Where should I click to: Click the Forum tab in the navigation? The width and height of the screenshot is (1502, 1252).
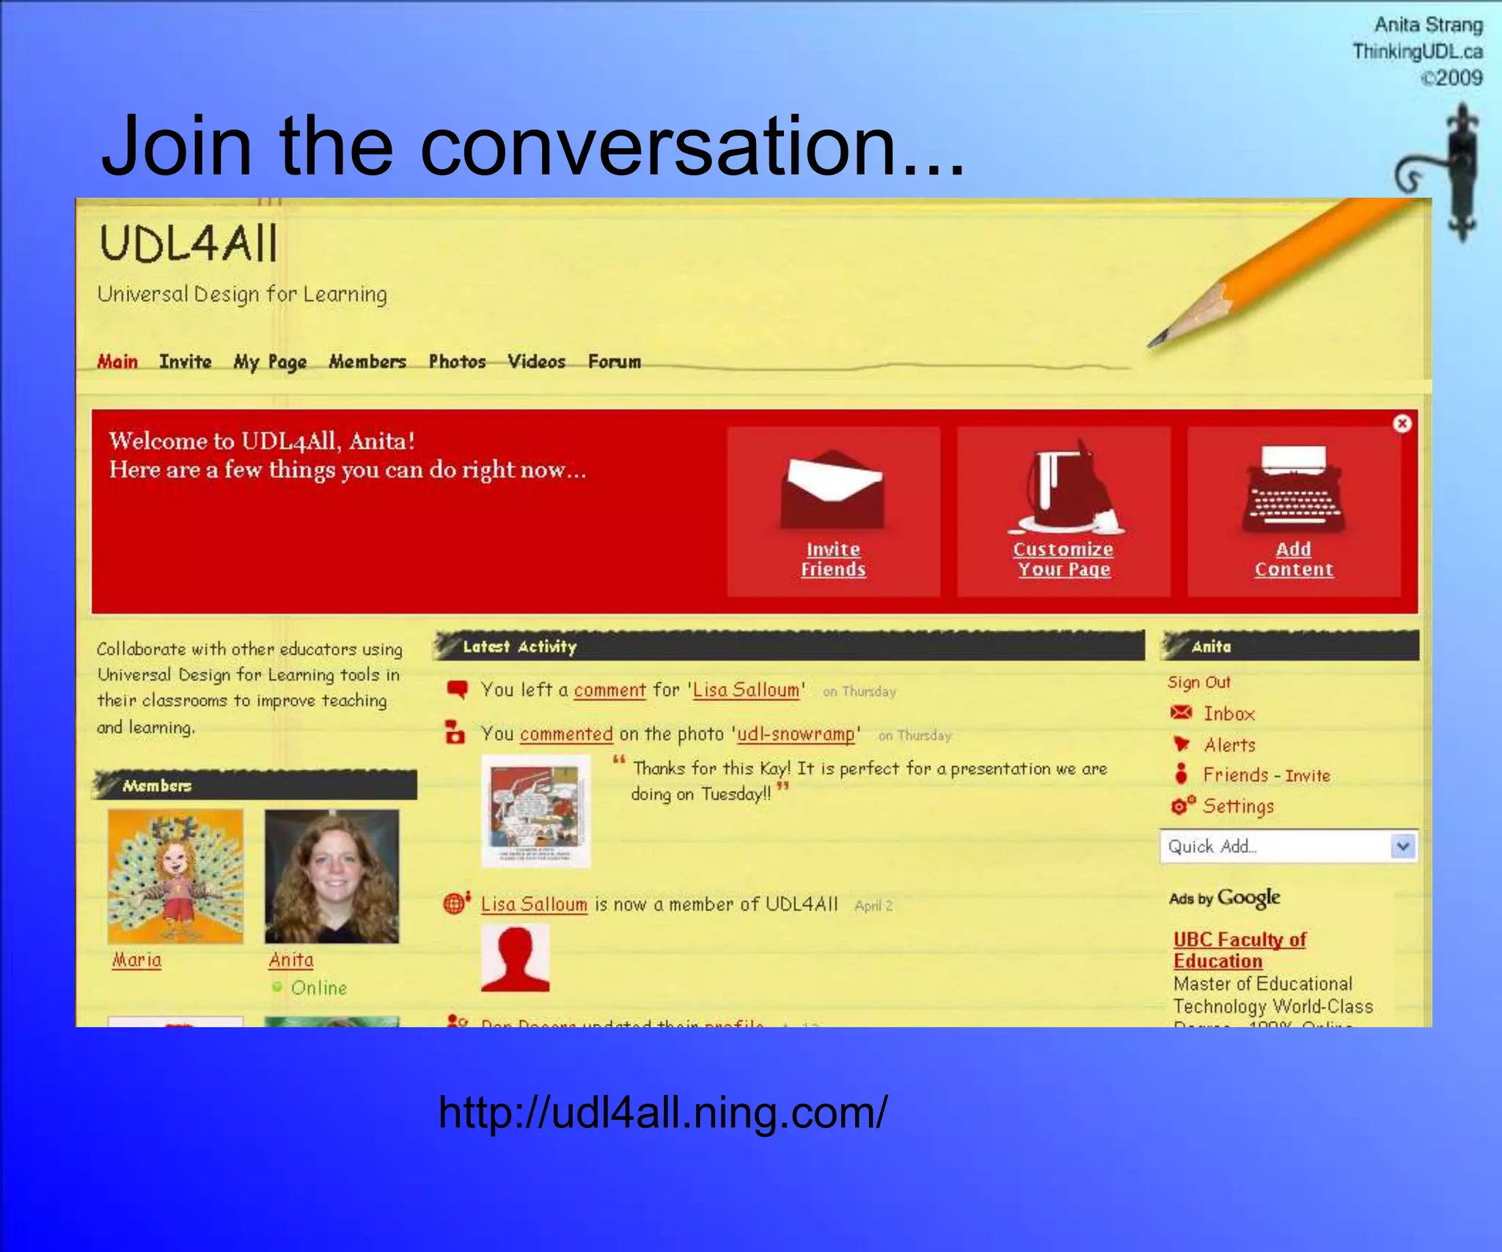coord(614,362)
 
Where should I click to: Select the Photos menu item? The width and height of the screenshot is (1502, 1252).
coord(457,362)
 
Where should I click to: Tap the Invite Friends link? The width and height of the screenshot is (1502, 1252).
coord(833,559)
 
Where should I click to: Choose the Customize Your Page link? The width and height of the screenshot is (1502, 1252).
coord(1063,559)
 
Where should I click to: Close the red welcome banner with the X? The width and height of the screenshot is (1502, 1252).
coord(1402,424)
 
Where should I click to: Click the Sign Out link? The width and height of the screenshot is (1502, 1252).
coord(1199,682)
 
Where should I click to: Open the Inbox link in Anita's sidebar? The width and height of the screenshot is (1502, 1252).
coord(1228,714)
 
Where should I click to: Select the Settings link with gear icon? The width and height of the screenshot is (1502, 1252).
coord(1238,806)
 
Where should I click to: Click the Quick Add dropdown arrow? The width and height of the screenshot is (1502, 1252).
coord(1402,846)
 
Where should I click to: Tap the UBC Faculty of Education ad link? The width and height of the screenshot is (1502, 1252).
coord(1239,950)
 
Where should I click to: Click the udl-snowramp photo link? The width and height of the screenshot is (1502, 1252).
coord(796,734)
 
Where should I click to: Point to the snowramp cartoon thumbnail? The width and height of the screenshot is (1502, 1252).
coord(535,811)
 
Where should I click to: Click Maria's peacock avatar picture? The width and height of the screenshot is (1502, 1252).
coord(175,876)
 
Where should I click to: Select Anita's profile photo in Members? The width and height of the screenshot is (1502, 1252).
coord(331,876)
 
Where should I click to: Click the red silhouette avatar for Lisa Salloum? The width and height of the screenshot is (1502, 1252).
coord(515,958)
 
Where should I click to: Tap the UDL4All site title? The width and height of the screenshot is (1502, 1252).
coord(189,244)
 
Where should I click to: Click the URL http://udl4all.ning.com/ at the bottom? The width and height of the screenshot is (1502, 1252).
coord(662,1113)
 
